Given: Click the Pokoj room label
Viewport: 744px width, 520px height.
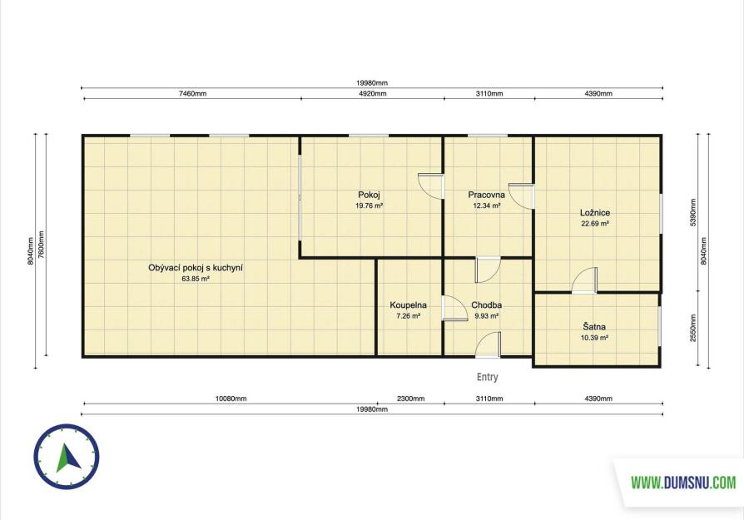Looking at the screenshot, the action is [x=369, y=195].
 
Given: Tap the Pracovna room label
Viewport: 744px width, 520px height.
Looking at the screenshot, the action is [x=486, y=195].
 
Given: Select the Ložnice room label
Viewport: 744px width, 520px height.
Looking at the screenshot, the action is [x=595, y=212].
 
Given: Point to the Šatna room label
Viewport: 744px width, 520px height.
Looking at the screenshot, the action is [x=594, y=326].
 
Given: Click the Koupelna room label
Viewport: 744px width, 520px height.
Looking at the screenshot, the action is [x=408, y=305].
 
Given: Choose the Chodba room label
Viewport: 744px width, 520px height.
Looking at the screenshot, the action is [x=486, y=305].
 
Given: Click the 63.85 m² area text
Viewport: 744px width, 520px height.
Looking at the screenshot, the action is [x=196, y=279].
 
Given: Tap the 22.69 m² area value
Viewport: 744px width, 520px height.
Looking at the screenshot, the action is [x=595, y=224].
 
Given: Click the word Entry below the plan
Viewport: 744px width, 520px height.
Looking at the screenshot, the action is [x=488, y=377].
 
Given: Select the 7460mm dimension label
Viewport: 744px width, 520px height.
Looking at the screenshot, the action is [x=192, y=93].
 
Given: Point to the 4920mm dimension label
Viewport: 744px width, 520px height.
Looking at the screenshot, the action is [x=373, y=93].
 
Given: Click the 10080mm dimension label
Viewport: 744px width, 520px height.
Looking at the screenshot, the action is [x=231, y=399].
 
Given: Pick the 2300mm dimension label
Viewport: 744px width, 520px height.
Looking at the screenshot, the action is [x=411, y=399].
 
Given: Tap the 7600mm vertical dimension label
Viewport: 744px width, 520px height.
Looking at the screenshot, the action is [x=42, y=245].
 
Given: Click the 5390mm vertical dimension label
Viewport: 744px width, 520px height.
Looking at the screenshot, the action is [x=692, y=212].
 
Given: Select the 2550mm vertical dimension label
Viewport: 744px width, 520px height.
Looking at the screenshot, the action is [x=692, y=329].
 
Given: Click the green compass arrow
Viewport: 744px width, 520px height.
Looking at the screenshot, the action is [x=67, y=458].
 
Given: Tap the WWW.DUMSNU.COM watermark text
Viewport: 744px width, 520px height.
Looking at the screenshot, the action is [x=684, y=483].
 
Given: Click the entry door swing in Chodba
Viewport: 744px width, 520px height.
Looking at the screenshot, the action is [x=489, y=344].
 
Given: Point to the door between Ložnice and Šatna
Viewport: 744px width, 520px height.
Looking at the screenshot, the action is [x=584, y=280].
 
